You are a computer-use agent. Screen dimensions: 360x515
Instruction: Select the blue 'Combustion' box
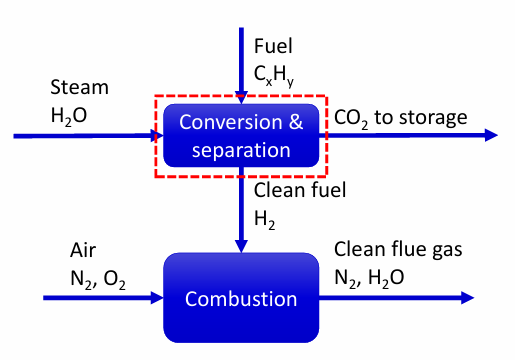pos(240,297)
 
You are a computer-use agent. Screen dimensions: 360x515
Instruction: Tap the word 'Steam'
pos(79,88)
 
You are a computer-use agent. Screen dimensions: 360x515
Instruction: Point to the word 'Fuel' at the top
pos(273,45)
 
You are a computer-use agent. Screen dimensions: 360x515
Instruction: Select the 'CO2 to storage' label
pos(400,118)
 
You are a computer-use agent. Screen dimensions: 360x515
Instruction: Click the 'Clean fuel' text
pos(300,191)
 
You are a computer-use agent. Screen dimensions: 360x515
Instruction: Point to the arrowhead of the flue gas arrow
pos(467,297)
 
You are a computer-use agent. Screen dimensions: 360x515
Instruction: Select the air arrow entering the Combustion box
pos(100,297)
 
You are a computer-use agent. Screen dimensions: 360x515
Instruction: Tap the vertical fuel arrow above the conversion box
pos(240,60)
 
